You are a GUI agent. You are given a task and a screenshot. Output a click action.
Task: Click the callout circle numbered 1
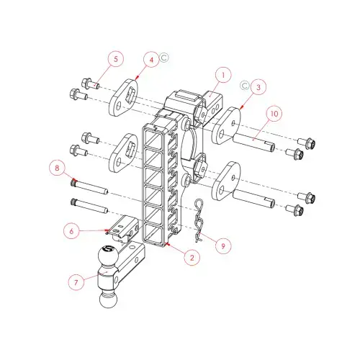(223, 75)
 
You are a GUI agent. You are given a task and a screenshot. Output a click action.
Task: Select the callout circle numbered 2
(192, 257)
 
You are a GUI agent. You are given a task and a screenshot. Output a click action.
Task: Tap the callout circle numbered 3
(258, 87)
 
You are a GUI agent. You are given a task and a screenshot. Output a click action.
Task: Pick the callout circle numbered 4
(151, 60)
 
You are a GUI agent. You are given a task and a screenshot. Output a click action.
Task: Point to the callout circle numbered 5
(116, 59)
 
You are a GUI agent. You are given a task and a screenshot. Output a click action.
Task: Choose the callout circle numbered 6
(71, 231)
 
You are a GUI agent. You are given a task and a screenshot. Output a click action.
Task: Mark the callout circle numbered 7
(76, 282)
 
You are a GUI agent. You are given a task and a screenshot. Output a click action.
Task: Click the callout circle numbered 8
(57, 167)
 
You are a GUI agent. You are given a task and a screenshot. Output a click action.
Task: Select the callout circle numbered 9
(223, 246)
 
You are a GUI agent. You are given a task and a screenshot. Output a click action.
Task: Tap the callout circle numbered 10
(274, 113)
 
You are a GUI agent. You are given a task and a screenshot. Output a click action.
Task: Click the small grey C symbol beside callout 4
(164, 58)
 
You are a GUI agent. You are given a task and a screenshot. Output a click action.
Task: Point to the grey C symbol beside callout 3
(245, 86)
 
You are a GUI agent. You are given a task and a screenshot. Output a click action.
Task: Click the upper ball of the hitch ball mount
(108, 256)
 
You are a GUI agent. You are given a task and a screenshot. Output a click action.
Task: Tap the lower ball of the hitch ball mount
(108, 299)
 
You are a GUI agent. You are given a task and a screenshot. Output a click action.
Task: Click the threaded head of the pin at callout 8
(74, 184)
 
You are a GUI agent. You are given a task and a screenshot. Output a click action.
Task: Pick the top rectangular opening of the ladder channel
(156, 138)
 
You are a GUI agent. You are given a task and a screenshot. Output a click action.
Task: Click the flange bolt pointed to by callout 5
(91, 84)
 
